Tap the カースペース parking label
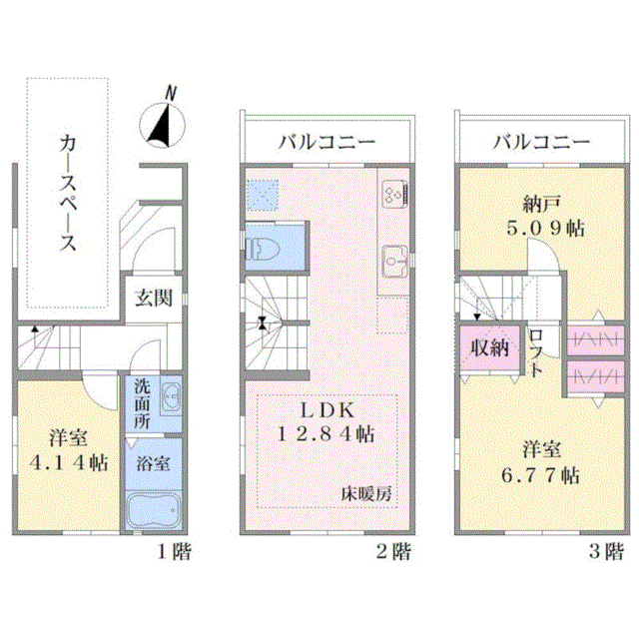coord(68,193)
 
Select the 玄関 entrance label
coord(154,298)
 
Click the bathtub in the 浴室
coord(153,511)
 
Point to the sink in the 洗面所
coord(171,397)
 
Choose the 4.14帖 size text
coord(69,463)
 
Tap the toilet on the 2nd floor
coord(263,249)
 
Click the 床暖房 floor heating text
coord(366,494)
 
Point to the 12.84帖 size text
coord(325,434)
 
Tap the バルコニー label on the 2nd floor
coord(326,142)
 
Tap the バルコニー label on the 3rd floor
coord(541,142)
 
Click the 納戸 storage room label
coord(541,204)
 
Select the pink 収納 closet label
coord(490,348)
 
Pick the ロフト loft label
coord(536,352)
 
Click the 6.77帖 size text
coord(540,475)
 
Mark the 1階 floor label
coord(174,552)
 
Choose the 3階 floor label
coord(606,552)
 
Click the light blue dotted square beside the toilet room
coord(263,196)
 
